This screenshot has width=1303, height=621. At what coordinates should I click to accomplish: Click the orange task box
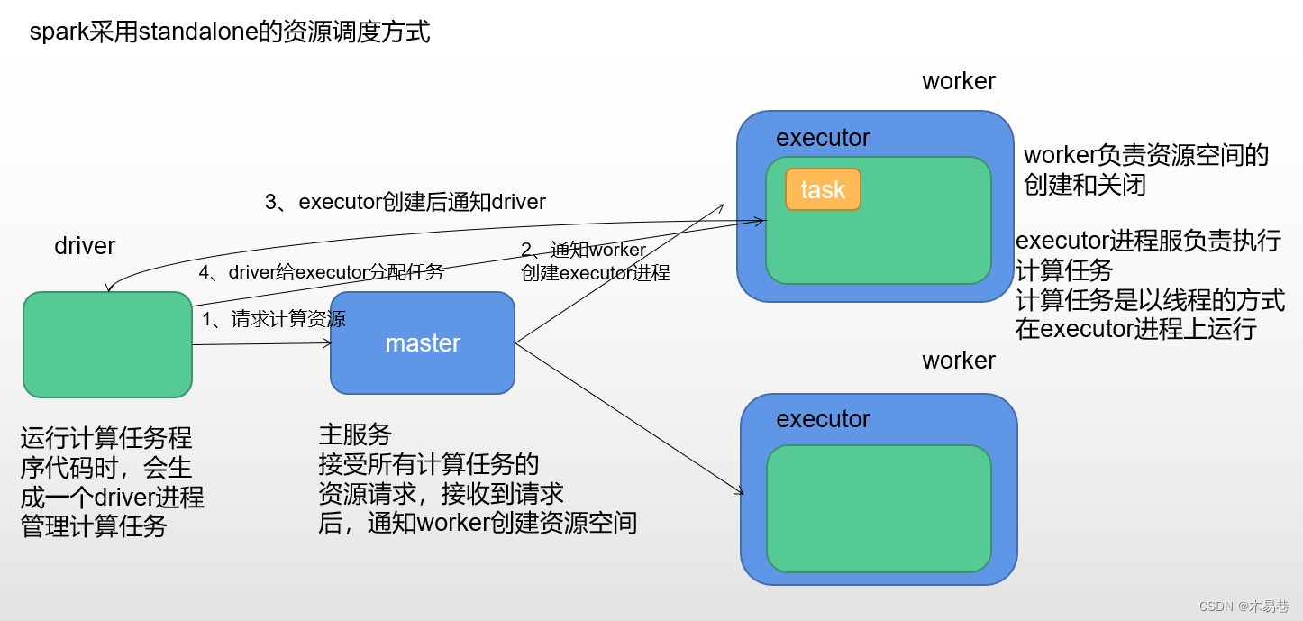[823, 189]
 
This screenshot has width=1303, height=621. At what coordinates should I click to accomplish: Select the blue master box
[423, 343]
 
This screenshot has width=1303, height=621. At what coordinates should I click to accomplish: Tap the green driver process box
[107, 344]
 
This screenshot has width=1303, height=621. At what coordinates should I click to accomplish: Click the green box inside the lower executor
[879, 508]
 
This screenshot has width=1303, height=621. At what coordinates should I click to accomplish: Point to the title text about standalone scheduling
[230, 32]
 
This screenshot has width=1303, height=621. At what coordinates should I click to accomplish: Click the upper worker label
[959, 81]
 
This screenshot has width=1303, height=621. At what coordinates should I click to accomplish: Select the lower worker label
[959, 361]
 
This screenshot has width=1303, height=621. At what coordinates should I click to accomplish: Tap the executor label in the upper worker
[823, 138]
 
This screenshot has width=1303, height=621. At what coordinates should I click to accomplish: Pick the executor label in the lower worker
[823, 419]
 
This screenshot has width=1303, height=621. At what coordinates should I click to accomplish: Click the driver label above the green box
[85, 245]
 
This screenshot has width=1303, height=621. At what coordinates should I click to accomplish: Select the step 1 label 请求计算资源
[274, 318]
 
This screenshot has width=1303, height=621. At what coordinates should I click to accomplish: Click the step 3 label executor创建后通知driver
[405, 202]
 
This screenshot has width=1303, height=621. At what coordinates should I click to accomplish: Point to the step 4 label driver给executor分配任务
[321, 272]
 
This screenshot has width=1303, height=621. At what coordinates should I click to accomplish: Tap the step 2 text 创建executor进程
[596, 273]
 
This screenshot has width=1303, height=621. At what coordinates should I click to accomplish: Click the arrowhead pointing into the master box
[327, 342]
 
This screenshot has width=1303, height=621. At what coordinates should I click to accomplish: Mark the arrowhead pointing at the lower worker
[739, 491]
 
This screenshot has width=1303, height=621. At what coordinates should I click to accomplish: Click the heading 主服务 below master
[355, 434]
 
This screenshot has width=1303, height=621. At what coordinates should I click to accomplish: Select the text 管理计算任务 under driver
[95, 526]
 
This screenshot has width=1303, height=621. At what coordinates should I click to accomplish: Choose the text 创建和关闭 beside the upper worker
[1085, 185]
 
